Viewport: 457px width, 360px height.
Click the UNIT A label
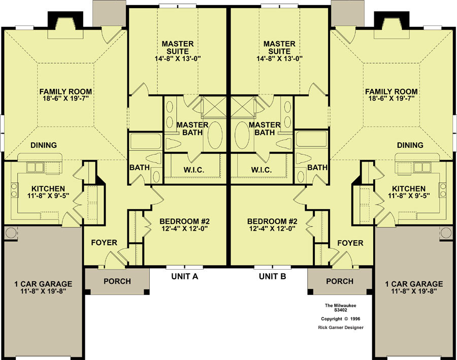pyautogui.click(x=185, y=276)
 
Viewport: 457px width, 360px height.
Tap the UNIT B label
pyautogui.click(x=273, y=276)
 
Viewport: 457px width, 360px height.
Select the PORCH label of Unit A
pyautogui.click(x=117, y=281)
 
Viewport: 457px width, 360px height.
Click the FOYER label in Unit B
pyautogui.click(x=350, y=243)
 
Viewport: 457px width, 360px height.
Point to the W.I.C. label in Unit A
pyautogui.click(x=194, y=170)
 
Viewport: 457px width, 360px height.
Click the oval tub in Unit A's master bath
pyautogui.click(x=215, y=135)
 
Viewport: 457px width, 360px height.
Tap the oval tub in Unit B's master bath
pyautogui.click(x=242, y=135)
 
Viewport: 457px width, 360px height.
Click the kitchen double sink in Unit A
pyautogui.click(x=35, y=168)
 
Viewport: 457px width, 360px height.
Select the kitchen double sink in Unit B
pyautogui.click(x=422, y=168)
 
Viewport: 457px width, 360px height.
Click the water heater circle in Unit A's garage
pyautogui.click(x=11, y=233)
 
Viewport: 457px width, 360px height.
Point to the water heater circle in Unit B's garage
pyautogui.click(x=446, y=233)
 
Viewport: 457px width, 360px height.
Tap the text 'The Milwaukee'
pyautogui.click(x=340, y=306)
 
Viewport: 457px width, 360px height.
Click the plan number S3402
pyautogui.click(x=340, y=310)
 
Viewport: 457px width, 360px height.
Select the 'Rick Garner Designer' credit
pyautogui.click(x=341, y=328)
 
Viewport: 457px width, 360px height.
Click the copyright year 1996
pyautogui.click(x=355, y=319)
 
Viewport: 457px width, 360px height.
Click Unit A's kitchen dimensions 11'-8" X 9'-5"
pyautogui.click(x=48, y=195)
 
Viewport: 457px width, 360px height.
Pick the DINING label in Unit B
pyautogui.click(x=410, y=145)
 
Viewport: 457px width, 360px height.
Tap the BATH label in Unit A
pyautogui.click(x=140, y=168)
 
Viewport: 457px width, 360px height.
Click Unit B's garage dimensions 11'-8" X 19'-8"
pyautogui.click(x=414, y=291)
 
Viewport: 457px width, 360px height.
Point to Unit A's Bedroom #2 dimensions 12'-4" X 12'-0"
pyautogui.click(x=184, y=228)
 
